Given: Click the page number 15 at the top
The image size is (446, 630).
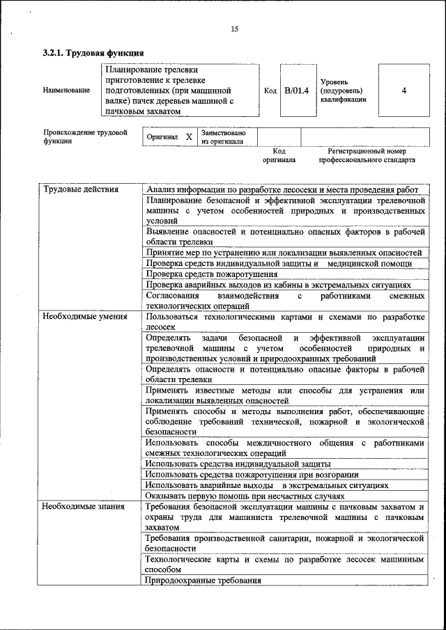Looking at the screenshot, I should click(234, 29).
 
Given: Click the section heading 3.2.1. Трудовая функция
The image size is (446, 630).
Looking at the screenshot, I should click(93, 53).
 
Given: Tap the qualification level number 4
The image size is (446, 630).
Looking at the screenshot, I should click(404, 90).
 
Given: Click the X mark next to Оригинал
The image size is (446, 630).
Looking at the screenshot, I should click(189, 137).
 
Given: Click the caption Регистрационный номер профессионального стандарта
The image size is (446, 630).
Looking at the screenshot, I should click(367, 155).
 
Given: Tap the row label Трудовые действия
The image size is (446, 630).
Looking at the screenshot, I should click(81, 189).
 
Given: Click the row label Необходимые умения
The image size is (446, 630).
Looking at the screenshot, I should click(85, 317).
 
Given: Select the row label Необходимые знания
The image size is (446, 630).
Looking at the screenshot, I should click(83, 506).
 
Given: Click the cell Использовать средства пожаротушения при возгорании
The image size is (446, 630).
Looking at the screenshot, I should click(252, 474).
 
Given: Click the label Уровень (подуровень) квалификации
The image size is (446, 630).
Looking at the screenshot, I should click(343, 90).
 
